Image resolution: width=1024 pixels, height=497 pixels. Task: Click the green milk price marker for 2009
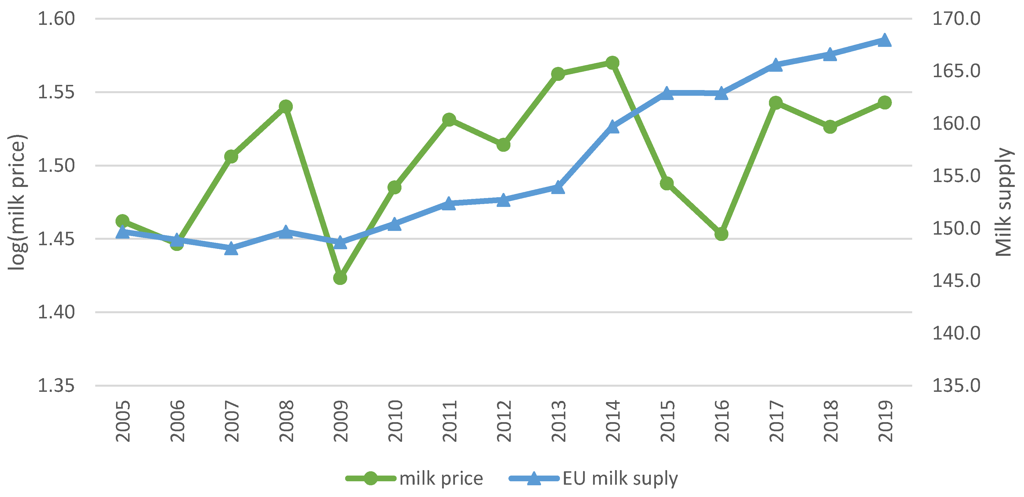tap(340, 278)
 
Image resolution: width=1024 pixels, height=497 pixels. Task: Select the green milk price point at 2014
tap(612, 62)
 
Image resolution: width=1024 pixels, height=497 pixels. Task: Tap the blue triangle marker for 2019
tap(884, 40)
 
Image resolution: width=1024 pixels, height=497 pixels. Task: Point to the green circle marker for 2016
tap(721, 234)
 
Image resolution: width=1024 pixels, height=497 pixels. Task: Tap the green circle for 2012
tap(503, 145)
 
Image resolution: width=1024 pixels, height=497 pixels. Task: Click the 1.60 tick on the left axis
tap(56, 19)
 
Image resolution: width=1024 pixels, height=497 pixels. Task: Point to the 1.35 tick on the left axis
tap(56, 385)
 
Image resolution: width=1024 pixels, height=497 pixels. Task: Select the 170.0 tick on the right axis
tap(956, 19)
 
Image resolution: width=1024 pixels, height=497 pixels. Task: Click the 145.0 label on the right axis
tap(956, 280)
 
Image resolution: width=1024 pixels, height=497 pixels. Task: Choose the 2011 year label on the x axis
tap(450, 421)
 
